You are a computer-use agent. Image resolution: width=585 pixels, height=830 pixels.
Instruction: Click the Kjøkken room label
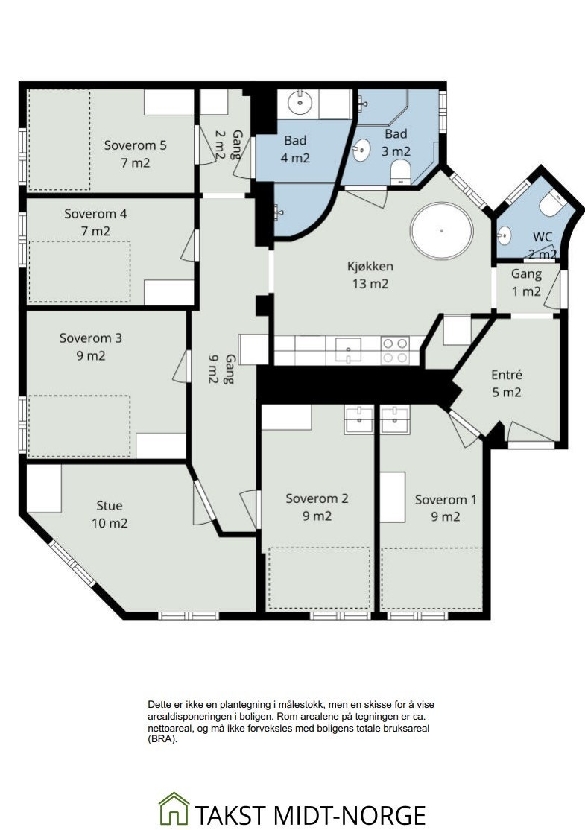[x=370, y=266]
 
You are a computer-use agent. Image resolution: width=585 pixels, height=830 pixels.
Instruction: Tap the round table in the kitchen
[x=441, y=231]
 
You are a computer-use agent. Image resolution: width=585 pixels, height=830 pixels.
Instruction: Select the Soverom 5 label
[x=135, y=145]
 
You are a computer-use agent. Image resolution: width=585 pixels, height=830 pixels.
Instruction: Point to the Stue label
[x=110, y=505]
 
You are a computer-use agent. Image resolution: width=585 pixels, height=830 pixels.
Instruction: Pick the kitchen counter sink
[x=348, y=350]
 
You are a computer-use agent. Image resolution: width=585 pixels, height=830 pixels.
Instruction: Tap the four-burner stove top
[x=395, y=350]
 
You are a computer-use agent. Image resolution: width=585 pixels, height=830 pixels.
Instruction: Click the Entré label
[x=507, y=375]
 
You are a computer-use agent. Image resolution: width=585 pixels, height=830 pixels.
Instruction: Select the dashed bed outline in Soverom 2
[x=319, y=578]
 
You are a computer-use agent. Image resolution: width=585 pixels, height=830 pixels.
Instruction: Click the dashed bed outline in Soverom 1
[x=432, y=579]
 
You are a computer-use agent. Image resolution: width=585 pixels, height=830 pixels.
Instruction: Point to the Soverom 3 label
[x=90, y=338]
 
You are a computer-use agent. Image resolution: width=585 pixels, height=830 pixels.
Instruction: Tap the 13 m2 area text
[x=370, y=284]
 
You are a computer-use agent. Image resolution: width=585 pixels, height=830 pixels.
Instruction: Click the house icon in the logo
[x=174, y=808]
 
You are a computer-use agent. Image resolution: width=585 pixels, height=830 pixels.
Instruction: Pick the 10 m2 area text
[x=110, y=523]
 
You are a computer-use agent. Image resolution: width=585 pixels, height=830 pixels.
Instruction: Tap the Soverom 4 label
[x=95, y=214]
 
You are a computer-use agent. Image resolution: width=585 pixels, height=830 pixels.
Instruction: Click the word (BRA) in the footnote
[x=162, y=740]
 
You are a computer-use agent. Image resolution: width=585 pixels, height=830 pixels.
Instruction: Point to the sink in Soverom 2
[x=359, y=419]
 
